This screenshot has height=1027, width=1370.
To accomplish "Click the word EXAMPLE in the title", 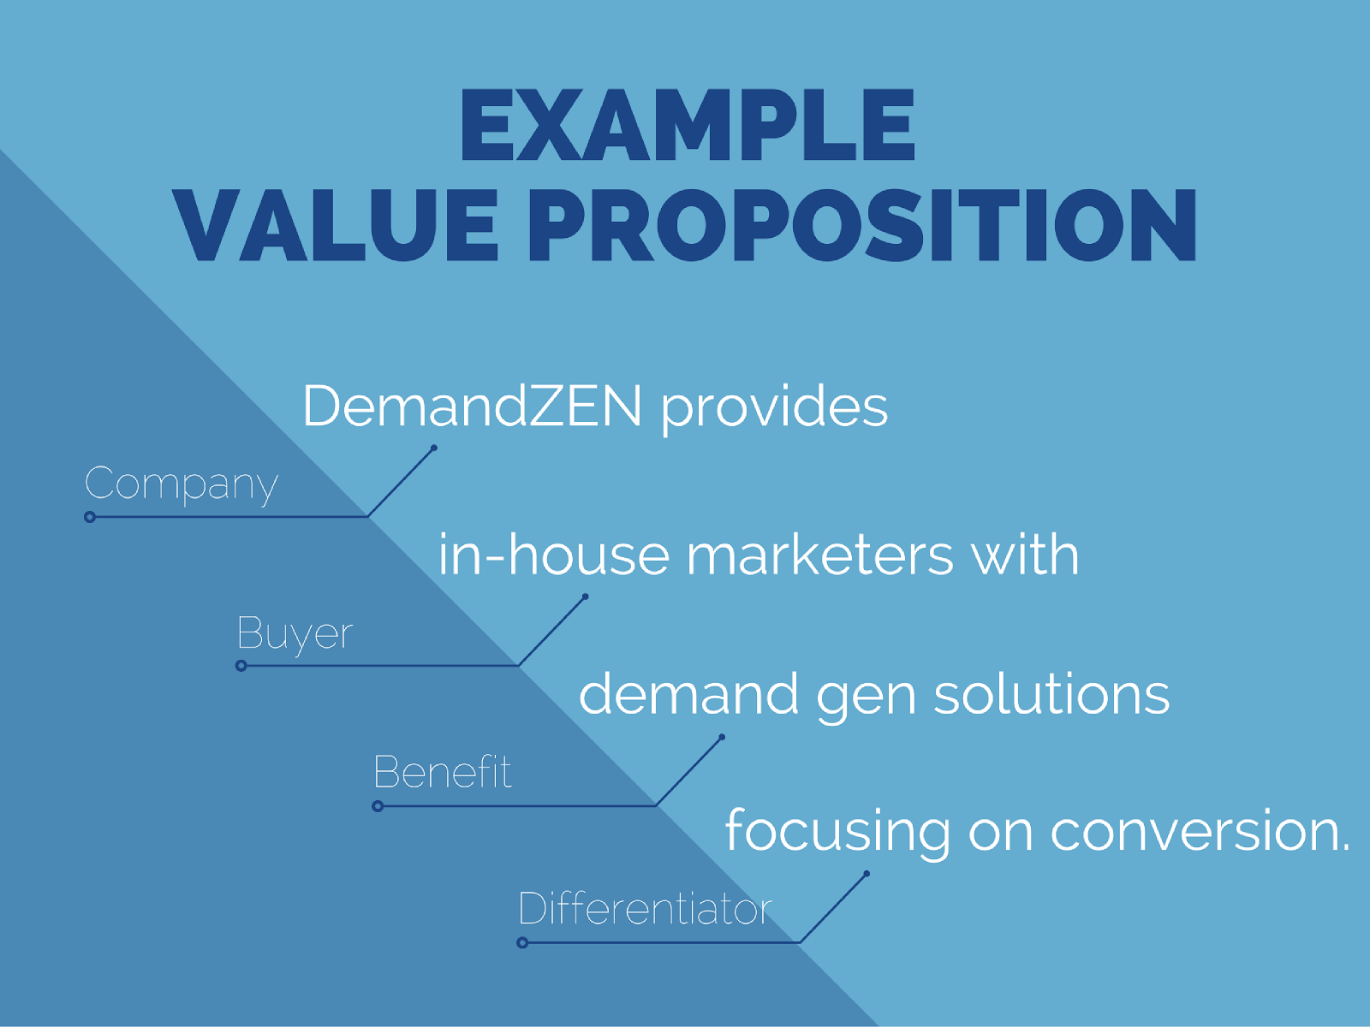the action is point(688,125).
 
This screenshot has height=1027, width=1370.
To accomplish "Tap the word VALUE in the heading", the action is point(336,224).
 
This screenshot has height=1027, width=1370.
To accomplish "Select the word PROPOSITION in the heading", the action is point(862,224).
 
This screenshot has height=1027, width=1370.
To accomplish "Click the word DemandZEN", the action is point(473,406).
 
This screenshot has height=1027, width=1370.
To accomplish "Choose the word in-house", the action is point(554,554).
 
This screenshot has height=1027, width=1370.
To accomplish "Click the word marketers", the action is point(820,554).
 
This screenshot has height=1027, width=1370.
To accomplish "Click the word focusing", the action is point(837,832).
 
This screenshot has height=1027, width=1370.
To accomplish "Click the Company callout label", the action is point(182,485).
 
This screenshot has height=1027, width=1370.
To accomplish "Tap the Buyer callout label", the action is point(295,635).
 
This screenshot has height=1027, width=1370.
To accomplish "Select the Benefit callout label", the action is point(443,771).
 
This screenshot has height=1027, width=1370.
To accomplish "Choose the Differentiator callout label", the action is point(646,908).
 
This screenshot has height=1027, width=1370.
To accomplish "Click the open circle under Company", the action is point(90,517).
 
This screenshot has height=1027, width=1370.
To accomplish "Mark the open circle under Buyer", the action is point(241,666).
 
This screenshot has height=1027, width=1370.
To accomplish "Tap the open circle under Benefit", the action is point(378,806).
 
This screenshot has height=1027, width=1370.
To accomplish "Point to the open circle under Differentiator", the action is point(522,943).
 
